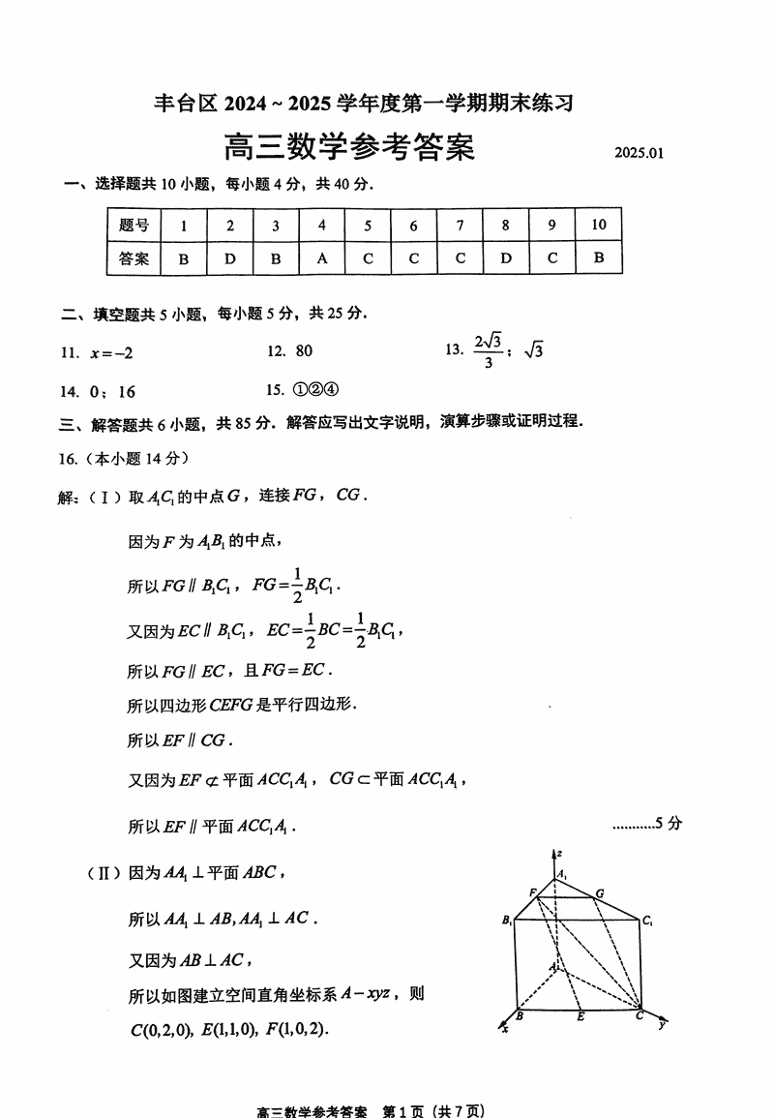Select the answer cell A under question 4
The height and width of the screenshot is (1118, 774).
click(x=322, y=258)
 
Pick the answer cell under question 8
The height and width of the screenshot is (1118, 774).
click(x=506, y=258)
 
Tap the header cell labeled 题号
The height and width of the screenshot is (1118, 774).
click(x=134, y=226)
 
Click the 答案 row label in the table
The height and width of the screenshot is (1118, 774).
click(x=134, y=258)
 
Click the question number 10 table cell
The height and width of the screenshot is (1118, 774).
click(x=598, y=226)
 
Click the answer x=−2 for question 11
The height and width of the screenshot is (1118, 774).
click(x=111, y=352)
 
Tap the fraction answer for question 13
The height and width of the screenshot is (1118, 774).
click(x=489, y=350)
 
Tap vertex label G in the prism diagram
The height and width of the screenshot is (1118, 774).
click(x=600, y=892)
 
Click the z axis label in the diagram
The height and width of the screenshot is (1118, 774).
click(x=559, y=852)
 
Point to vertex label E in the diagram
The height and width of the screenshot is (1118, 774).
click(x=580, y=1017)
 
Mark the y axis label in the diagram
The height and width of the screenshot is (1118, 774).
click(x=663, y=1023)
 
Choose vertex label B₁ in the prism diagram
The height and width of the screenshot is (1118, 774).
click(x=507, y=921)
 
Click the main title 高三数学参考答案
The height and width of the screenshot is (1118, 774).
click(x=349, y=148)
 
